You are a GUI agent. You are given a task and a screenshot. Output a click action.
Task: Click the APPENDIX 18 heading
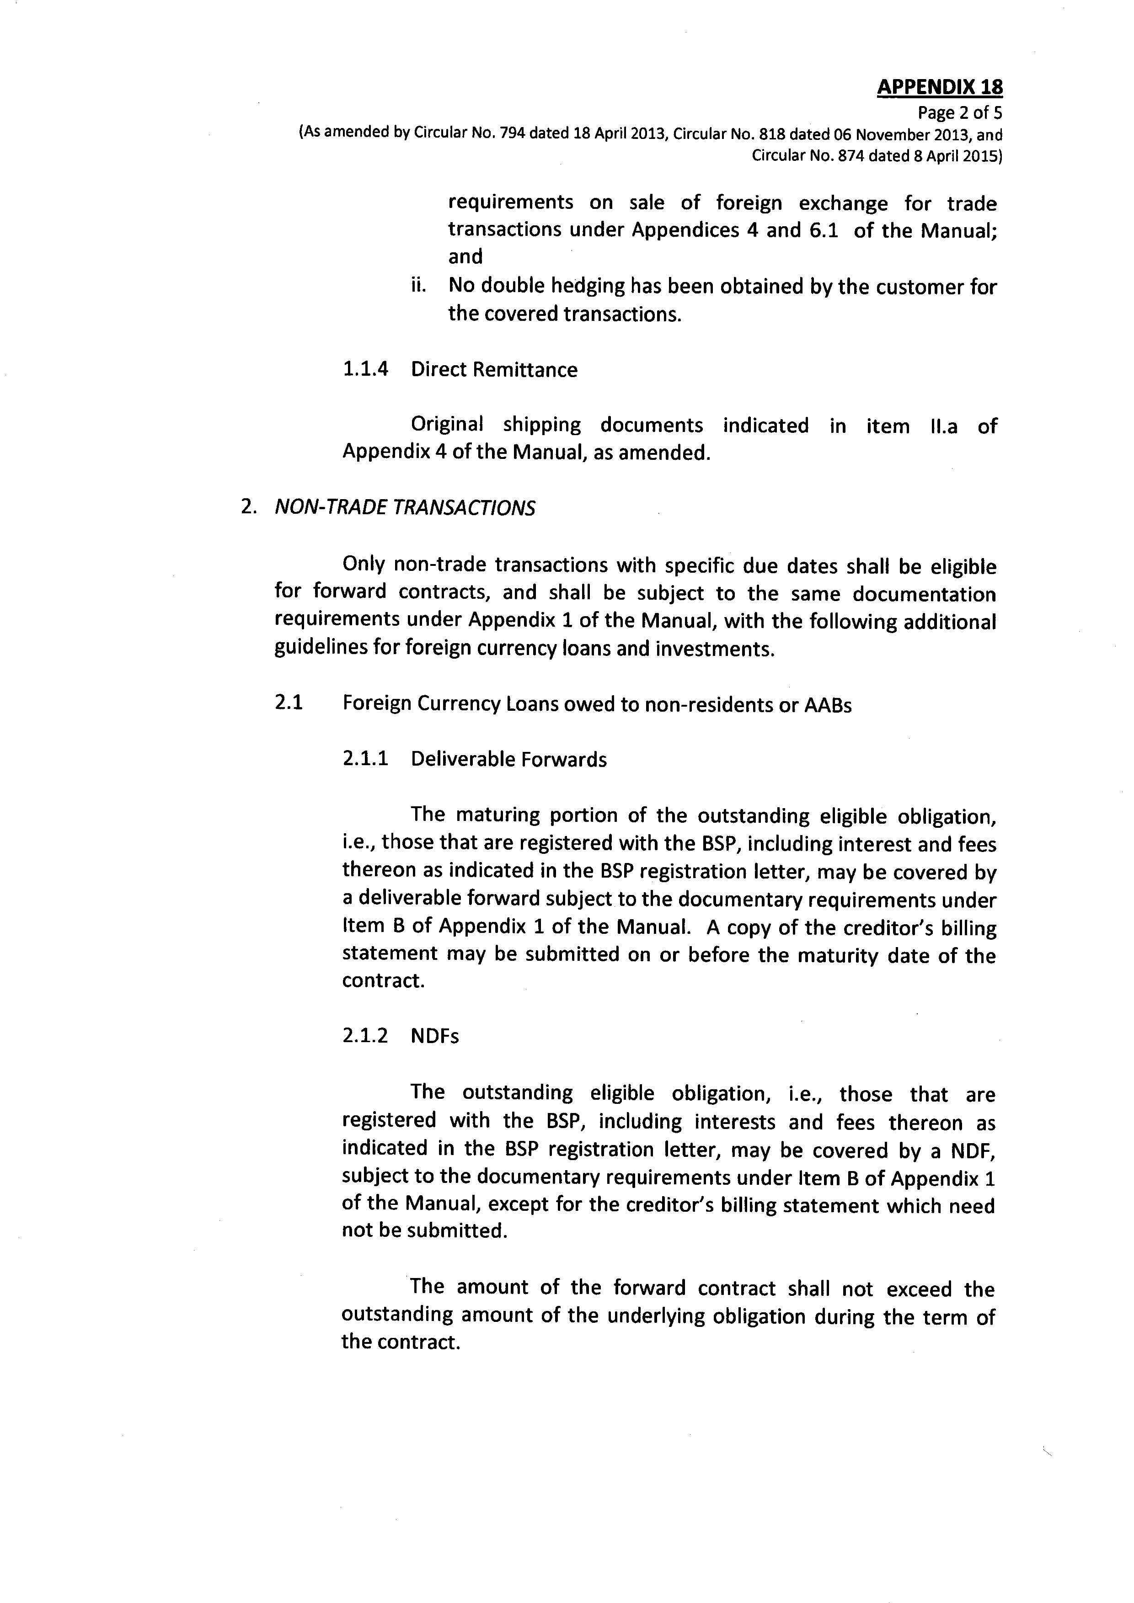point(939,87)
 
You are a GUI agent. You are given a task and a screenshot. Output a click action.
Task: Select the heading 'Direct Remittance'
point(494,369)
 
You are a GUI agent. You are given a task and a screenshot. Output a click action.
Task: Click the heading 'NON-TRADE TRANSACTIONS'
point(405,507)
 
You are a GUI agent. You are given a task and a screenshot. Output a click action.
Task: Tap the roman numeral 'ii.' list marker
point(417,286)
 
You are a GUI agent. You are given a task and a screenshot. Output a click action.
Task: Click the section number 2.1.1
point(364,759)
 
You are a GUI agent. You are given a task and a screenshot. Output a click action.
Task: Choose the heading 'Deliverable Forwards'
point(508,759)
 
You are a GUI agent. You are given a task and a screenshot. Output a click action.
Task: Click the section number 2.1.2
point(364,1035)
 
